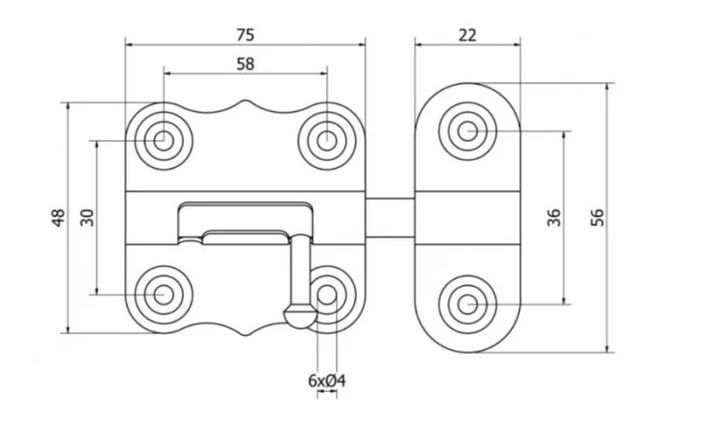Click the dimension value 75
(x=245, y=35)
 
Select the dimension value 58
(x=245, y=64)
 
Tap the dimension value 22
(x=467, y=35)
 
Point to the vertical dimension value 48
(x=59, y=217)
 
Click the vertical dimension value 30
(x=89, y=217)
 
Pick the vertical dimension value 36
(x=554, y=217)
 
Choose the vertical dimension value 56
(x=598, y=217)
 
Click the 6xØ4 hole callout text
(x=327, y=380)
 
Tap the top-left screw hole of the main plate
(x=164, y=141)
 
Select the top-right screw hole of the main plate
(x=327, y=141)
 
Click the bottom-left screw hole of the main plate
(x=164, y=295)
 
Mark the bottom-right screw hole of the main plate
(x=327, y=295)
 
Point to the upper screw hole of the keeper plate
(x=467, y=131)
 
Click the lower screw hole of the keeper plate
(x=467, y=304)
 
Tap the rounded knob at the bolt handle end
(x=301, y=316)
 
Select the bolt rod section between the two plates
(x=390, y=217)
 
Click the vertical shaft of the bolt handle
(x=300, y=270)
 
